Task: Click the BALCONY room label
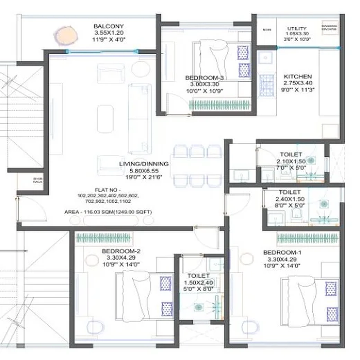(109, 26)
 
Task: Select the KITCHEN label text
(297, 76)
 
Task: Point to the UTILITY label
(297, 28)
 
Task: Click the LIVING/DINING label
(144, 164)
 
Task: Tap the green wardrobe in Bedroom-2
(103, 238)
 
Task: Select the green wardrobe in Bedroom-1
(307, 238)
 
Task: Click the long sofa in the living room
(139, 118)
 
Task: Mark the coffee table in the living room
(105, 119)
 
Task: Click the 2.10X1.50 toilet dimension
(291, 161)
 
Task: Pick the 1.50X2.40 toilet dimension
(198, 282)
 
